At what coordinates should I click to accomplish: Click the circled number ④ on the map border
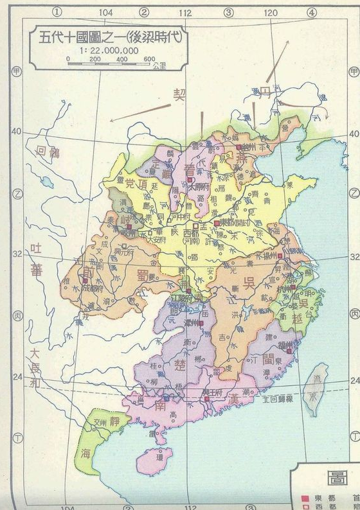(311, 12)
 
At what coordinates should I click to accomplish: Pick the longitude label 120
(270, 12)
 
